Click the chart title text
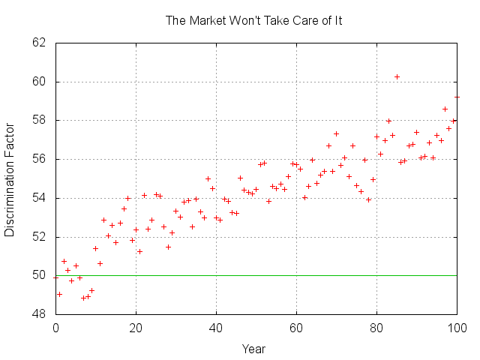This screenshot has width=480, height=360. tap(253, 20)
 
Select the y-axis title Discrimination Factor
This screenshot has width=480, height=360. tap(10, 178)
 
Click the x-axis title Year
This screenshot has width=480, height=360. tap(253, 349)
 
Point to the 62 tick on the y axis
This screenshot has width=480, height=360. tap(40, 43)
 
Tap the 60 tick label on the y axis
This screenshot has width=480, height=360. tap(40, 82)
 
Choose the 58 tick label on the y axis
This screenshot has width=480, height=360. tap(40, 120)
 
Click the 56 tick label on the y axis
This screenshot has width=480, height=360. tap(40, 159)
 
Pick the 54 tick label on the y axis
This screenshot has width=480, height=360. tap(40, 198)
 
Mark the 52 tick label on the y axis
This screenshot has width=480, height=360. tap(40, 237)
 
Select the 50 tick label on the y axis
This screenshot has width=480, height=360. tap(40, 275)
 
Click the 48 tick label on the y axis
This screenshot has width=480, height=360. tap(40, 314)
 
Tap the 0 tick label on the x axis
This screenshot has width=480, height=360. tap(55, 328)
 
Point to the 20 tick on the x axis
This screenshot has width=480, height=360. tap(136, 328)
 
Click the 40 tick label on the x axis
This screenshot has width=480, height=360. tap(216, 328)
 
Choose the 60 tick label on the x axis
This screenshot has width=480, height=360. tap(296, 328)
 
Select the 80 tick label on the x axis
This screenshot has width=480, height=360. tap(376, 328)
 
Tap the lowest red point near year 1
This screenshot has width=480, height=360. tap(59, 294)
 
